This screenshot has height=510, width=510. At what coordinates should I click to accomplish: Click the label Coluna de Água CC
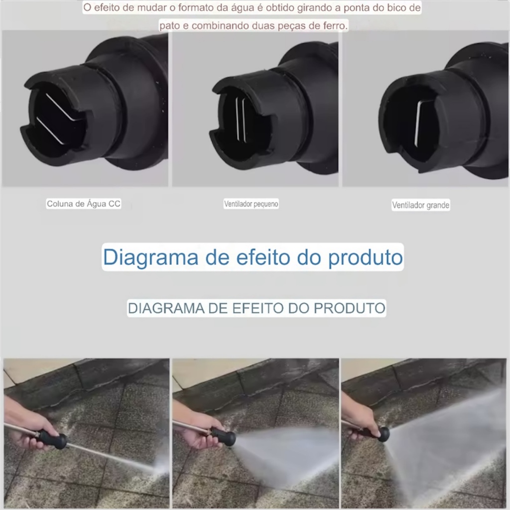point(84,204)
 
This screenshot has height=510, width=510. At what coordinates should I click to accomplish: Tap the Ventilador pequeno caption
point(251,204)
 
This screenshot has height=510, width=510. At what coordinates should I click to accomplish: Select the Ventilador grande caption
point(420,205)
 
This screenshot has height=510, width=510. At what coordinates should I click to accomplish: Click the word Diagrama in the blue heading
point(150,257)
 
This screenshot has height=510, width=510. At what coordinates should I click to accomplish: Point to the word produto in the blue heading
point(365,257)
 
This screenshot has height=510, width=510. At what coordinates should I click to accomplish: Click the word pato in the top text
point(169,26)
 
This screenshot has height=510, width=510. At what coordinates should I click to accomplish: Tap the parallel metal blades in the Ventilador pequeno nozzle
point(241,120)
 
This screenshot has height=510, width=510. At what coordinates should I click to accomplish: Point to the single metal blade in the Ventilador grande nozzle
point(417,124)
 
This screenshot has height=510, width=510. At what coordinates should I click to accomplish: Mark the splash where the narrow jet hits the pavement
point(159,468)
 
